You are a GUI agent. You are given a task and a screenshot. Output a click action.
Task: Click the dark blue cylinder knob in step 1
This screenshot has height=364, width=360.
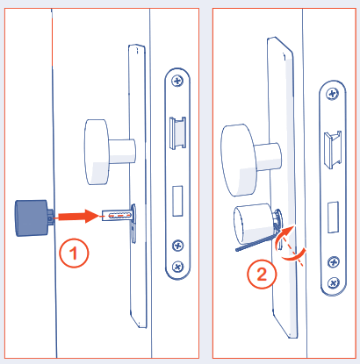tap(32, 217)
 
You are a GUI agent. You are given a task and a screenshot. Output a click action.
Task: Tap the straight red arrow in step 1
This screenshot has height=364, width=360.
tap(76, 214)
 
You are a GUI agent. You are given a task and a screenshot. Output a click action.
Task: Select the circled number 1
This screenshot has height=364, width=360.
tap(76, 254)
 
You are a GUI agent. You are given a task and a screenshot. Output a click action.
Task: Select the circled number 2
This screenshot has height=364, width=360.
tap(262, 272)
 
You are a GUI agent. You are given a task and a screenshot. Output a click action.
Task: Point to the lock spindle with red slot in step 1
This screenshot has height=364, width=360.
tap(116, 215)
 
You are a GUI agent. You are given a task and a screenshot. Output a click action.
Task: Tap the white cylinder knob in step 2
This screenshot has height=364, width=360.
tap(253, 225)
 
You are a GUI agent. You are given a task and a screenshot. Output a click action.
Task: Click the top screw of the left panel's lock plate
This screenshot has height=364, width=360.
tap(179, 82)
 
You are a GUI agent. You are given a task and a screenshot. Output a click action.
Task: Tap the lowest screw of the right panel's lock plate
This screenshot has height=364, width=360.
tap(333, 282)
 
